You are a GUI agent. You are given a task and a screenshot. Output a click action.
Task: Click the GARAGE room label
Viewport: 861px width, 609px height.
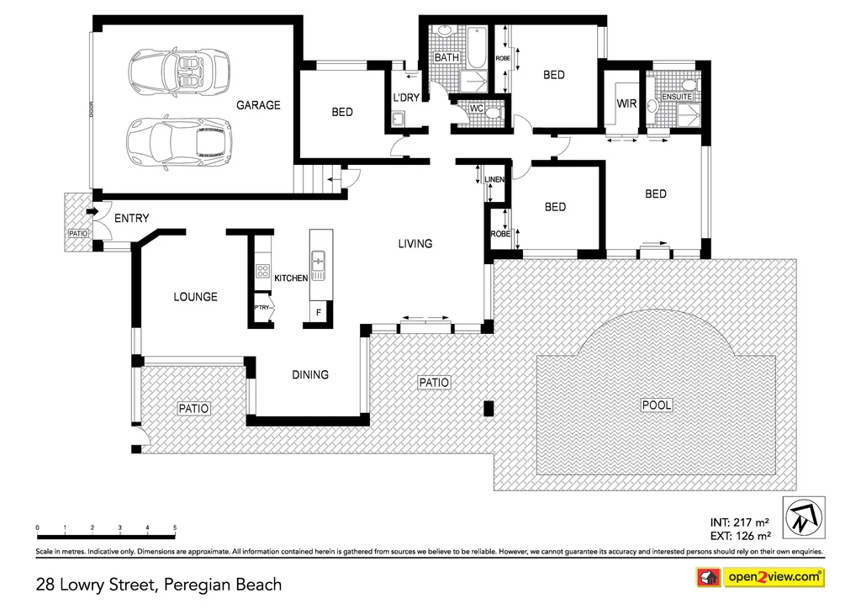pos(258,105)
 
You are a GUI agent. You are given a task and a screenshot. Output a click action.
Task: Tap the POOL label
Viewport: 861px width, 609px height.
pos(657,405)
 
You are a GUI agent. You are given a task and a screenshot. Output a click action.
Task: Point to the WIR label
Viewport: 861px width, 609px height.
pos(626,103)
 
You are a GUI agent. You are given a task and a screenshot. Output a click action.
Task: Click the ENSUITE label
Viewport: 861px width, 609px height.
pos(677,97)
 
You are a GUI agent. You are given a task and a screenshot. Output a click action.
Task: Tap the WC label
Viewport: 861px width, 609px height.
pos(476,108)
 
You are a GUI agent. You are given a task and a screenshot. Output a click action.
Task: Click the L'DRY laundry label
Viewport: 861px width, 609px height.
pos(406,98)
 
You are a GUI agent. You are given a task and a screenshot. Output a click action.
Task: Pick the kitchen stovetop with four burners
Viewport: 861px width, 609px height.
pos(261,272)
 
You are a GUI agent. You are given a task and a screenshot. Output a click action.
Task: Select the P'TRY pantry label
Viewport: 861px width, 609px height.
pos(262,308)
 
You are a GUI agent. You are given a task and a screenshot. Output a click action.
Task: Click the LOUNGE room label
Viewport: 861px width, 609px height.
pos(195,297)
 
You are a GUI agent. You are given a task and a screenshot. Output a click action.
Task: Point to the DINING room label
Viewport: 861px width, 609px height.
pos(310,374)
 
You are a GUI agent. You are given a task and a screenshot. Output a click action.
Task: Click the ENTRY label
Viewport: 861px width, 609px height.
pos(131,219)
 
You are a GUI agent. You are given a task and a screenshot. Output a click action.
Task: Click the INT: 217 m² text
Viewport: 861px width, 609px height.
pos(740,522)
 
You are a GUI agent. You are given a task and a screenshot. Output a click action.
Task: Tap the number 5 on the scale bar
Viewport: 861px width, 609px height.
pos(175,527)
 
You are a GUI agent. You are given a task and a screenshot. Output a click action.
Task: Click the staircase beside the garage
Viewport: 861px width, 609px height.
pos(310,180)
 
